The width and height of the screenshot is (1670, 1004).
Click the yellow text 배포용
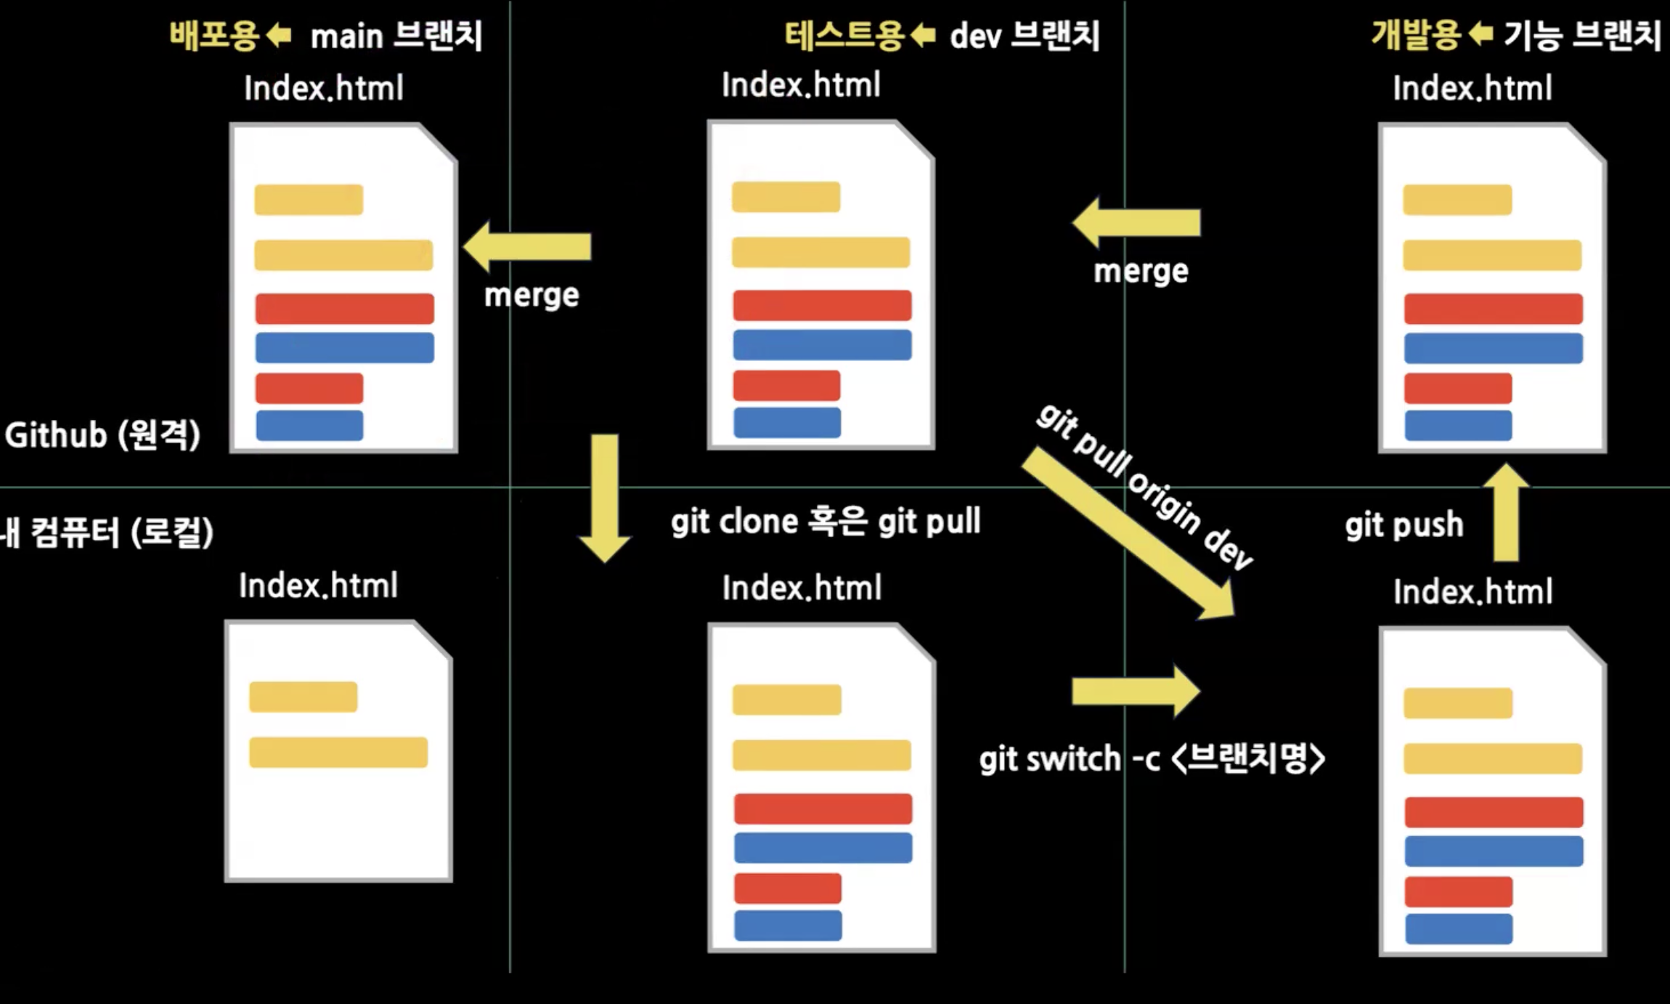(214, 35)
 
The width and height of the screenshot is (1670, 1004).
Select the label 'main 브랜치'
(396, 36)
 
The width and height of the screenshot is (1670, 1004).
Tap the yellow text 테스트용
(844, 35)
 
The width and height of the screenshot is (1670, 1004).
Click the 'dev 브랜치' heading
(1025, 35)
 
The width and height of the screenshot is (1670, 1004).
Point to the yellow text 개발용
(1415, 35)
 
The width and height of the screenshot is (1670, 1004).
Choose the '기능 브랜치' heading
(1581, 35)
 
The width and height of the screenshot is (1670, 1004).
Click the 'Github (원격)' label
(102, 435)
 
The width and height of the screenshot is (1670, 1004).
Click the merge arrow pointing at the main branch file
(528, 247)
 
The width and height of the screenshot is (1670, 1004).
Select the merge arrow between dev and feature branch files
(1136, 222)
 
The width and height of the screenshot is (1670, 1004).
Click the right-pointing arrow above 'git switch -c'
(1136, 691)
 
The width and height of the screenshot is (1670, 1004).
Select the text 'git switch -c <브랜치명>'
(1152, 759)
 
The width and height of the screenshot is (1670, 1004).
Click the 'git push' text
(1404, 525)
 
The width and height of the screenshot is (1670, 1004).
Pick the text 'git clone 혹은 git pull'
(826, 522)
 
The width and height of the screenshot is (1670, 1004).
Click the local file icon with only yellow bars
(338, 751)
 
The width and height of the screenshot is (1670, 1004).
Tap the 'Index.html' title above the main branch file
(323, 88)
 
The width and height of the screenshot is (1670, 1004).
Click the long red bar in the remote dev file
(822, 305)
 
